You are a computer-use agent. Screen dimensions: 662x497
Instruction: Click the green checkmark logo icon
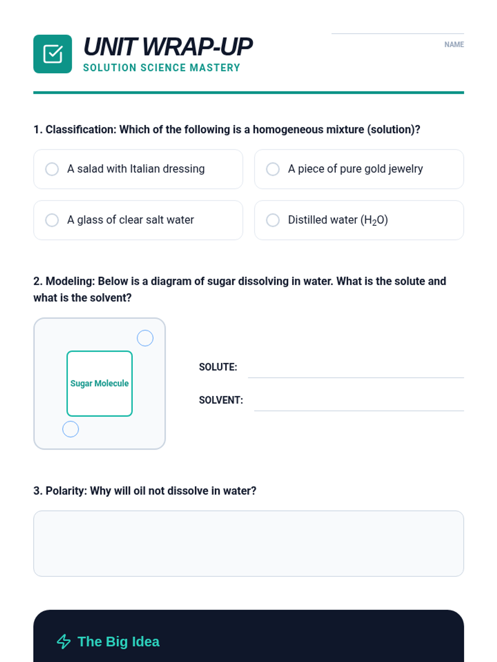click(53, 54)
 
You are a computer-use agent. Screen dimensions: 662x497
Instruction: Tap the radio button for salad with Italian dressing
click(52, 169)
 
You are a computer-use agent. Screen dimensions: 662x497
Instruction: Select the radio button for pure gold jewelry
click(273, 169)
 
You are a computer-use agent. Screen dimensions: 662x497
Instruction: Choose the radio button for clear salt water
click(52, 220)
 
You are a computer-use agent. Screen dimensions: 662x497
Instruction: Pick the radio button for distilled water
click(273, 220)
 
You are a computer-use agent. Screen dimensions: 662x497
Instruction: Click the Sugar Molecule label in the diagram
click(99, 384)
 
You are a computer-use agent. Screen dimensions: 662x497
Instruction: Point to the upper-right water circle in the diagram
click(145, 338)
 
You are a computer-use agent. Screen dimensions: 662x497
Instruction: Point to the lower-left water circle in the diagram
click(70, 429)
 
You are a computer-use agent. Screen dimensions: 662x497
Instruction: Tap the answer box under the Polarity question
click(248, 543)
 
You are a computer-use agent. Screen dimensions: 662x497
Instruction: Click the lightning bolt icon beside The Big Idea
click(64, 642)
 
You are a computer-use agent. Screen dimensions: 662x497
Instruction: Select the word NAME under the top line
click(454, 45)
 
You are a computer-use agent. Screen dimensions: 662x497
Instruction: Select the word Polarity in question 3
click(66, 491)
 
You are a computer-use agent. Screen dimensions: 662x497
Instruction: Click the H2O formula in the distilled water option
click(375, 220)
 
